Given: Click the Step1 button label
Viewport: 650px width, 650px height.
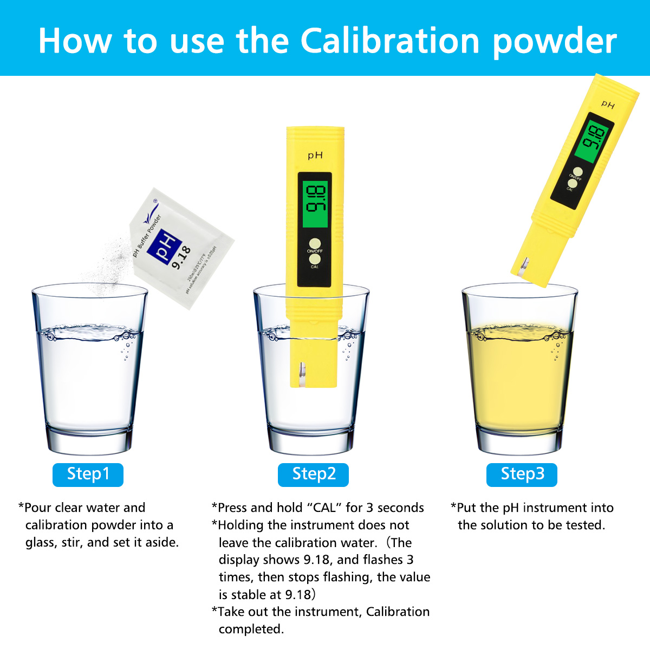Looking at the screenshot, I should coord(88,474).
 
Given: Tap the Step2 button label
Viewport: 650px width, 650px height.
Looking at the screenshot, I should coord(313,474).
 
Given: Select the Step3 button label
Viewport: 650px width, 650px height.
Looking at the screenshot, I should coord(522,474).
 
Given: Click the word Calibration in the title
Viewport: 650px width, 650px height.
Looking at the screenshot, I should coord(390,41).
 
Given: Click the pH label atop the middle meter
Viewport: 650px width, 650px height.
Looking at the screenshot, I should coord(315,156).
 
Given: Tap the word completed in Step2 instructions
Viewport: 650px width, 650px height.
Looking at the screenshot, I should coord(251,629).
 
